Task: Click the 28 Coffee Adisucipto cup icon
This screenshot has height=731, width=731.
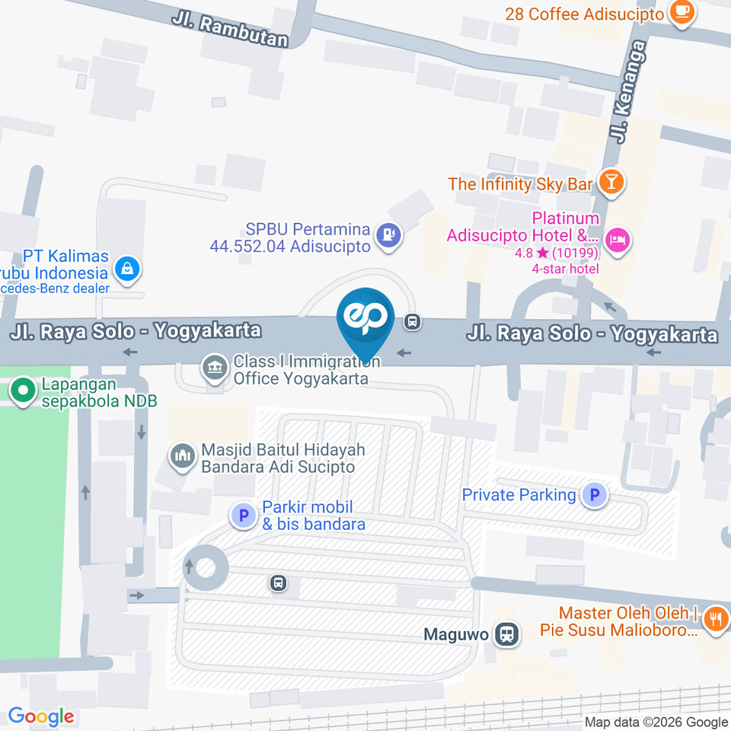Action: click(680, 12)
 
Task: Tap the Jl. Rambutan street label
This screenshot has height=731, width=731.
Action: click(229, 30)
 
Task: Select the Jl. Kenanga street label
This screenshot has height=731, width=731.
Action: click(628, 91)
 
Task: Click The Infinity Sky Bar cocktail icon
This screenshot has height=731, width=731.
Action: click(611, 182)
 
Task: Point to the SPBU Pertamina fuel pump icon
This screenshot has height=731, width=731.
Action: click(389, 235)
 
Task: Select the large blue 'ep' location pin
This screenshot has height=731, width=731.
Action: click(367, 320)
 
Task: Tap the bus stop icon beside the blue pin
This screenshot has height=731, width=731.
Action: click(413, 322)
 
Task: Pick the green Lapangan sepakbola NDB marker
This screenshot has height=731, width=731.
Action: click(24, 391)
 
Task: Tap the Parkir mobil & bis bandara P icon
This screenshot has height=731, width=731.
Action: click(244, 516)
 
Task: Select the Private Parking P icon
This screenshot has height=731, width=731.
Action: click(594, 496)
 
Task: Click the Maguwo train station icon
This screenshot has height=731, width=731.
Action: click(504, 634)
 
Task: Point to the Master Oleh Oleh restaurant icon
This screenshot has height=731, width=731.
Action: click(714, 618)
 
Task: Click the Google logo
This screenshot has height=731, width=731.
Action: click(41, 717)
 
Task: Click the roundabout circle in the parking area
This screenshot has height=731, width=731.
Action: click(206, 567)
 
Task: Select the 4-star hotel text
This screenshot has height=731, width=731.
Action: click(567, 268)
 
